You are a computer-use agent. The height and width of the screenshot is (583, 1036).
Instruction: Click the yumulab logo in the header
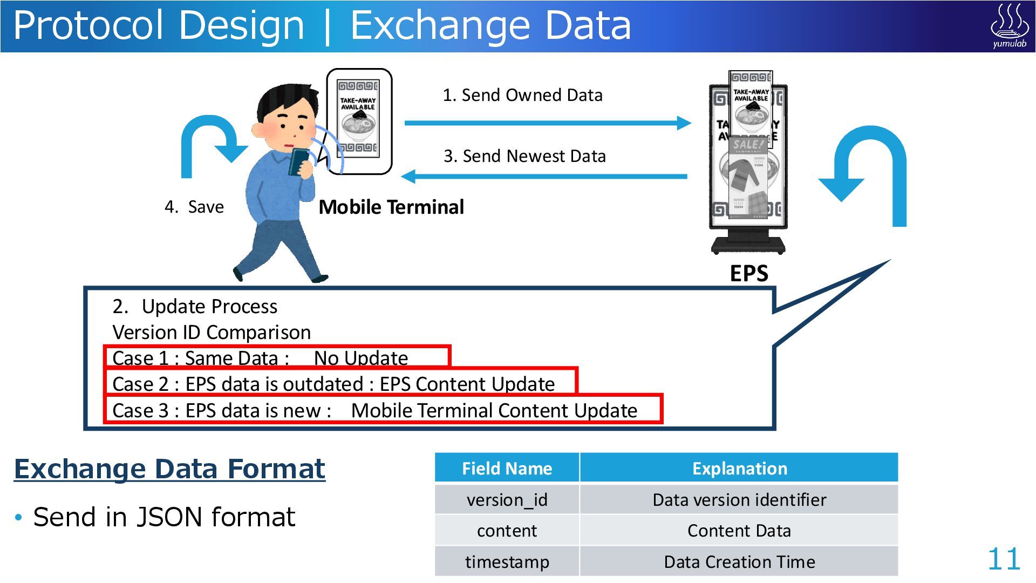(1008, 26)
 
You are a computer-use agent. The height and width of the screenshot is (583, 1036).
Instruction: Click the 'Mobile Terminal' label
(391, 207)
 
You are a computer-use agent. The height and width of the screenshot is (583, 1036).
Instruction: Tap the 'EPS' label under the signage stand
(749, 274)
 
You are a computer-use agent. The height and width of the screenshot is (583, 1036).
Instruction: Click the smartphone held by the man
(298, 161)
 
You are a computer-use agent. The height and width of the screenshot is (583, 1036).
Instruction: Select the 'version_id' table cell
(507, 500)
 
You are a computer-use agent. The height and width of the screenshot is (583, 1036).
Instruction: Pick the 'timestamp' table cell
(507, 562)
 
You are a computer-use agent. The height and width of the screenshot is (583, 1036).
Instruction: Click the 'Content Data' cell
(739, 531)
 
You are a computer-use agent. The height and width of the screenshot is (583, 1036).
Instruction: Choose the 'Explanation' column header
(739, 468)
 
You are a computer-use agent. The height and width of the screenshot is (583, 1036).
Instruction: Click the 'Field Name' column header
(507, 468)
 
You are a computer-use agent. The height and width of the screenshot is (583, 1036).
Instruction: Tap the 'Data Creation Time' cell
(739, 562)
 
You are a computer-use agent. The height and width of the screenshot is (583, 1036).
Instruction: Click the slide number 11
(1004, 559)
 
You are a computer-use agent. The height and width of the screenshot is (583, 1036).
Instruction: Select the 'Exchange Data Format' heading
(169, 469)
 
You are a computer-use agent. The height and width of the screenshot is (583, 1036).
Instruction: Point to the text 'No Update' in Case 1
(361, 358)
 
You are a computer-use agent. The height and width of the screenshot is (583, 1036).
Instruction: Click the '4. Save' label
(194, 207)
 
